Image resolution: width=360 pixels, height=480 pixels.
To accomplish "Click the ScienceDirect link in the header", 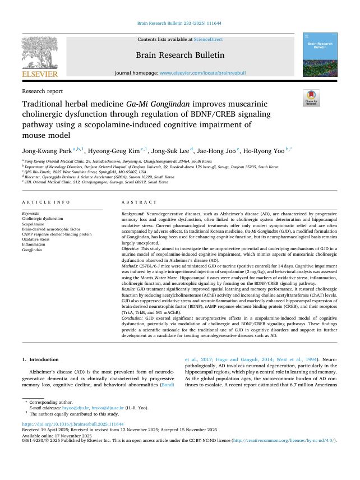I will click(x=208, y=39).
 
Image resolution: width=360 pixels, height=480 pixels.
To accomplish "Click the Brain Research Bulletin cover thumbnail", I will click(x=320, y=54).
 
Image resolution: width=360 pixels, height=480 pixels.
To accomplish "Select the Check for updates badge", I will click(x=311, y=98).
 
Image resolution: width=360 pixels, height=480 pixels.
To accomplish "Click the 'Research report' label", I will click(x=43, y=91).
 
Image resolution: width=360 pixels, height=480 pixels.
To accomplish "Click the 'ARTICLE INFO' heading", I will click(x=47, y=202).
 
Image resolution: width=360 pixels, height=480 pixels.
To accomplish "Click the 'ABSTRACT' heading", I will click(x=140, y=202).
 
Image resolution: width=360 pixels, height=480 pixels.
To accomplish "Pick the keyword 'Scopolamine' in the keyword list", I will click(x=34, y=224).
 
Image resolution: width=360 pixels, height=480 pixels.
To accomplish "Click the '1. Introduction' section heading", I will click(x=40, y=359).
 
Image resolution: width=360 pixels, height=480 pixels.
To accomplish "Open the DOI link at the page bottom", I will click(x=73, y=424).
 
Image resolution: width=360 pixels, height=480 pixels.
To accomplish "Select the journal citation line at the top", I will click(x=179, y=24).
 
